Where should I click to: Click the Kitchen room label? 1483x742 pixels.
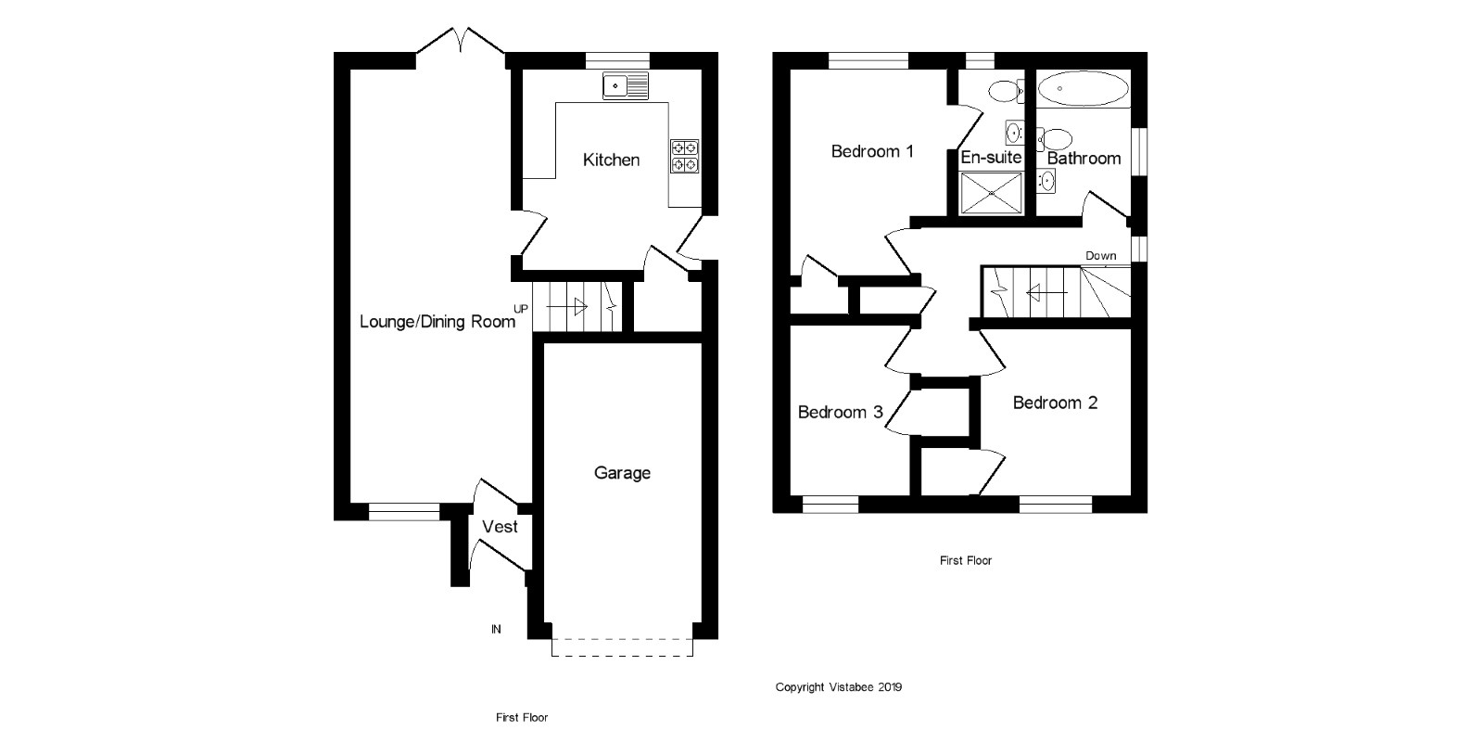point(611,160)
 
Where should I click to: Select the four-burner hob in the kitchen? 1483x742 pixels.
point(685,156)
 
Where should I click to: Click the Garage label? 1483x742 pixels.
point(622,473)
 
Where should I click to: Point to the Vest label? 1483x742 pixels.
point(500,527)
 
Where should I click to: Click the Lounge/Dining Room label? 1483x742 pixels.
point(437,322)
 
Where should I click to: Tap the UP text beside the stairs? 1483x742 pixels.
point(522,309)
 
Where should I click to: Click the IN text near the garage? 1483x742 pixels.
point(496,629)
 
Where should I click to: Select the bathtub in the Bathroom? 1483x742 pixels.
point(1083,90)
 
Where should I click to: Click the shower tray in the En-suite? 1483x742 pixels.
point(991,194)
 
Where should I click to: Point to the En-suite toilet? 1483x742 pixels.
point(1004,91)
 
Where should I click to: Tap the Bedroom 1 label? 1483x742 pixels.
point(872,151)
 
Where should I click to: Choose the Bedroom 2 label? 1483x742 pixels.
point(1055,403)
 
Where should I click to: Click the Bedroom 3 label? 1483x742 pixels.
point(840,412)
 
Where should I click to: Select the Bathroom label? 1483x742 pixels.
point(1084,159)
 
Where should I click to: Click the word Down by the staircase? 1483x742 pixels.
point(1101,256)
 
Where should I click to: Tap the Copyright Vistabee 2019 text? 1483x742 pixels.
point(838,687)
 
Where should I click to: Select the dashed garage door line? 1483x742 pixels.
point(622,655)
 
